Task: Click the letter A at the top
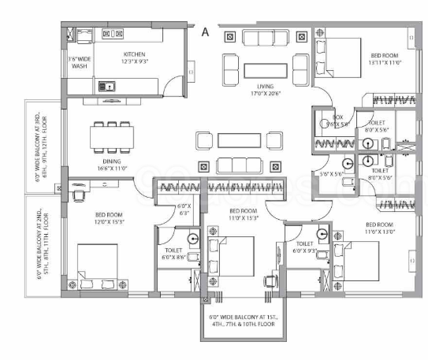[205, 32]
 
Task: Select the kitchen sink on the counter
[106, 85]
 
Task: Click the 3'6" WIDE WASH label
[79, 62]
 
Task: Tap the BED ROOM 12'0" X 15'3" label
[109, 218]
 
